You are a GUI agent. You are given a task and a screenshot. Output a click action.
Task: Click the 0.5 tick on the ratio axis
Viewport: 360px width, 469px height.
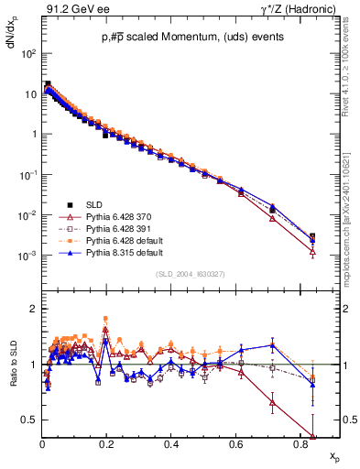(x=29, y=420)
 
